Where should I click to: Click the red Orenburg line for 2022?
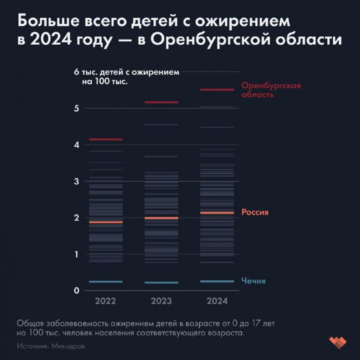pyautogui.click(x=105, y=139)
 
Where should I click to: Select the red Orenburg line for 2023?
pyautogui.click(x=161, y=102)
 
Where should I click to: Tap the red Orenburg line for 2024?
pyautogui.click(x=217, y=90)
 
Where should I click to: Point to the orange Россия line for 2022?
pyautogui.click(x=105, y=222)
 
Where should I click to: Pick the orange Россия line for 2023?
pyautogui.click(x=161, y=218)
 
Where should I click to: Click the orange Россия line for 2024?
pyautogui.click(x=217, y=213)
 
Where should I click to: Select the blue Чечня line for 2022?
pyautogui.click(x=105, y=282)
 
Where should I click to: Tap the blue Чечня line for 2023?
pyautogui.click(x=161, y=283)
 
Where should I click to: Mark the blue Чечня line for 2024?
pyautogui.click(x=217, y=281)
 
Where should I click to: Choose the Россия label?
pyautogui.click(x=255, y=212)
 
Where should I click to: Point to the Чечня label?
pyautogui.click(x=253, y=281)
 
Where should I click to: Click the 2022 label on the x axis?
pyautogui.click(x=105, y=301)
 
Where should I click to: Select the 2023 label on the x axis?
pyautogui.click(x=161, y=301)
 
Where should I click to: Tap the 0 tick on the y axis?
pyautogui.click(x=76, y=291)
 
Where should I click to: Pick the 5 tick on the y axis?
pyautogui.click(x=76, y=108)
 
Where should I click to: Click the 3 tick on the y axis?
pyautogui.click(x=76, y=181)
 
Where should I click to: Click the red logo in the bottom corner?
pyautogui.click(x=338, y=342)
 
